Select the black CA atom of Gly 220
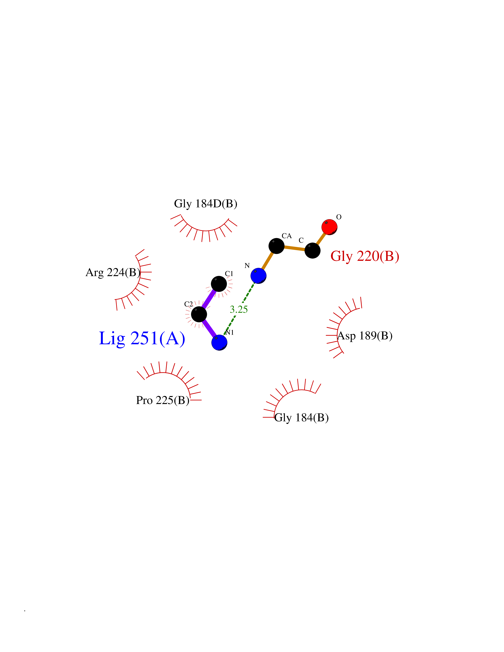point(276,246)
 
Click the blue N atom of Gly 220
point(258,275)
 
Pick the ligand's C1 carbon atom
point(219,284)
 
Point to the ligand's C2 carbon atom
point(199,314)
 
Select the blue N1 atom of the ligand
point(220,342)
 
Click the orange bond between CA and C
point(294,248)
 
